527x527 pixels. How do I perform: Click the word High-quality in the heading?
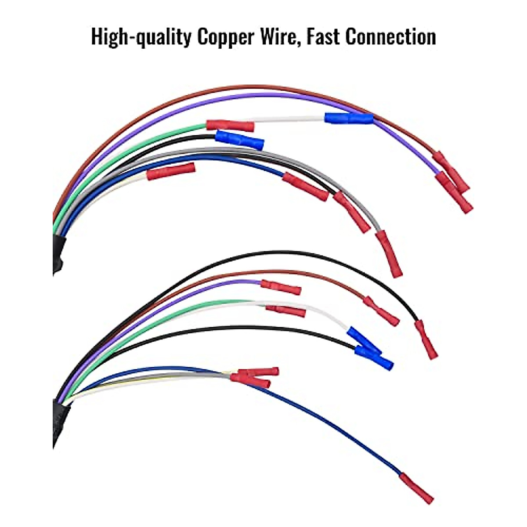click(141, 37)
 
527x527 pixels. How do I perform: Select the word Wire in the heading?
click(280, 37)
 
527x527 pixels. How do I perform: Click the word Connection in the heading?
click(390, 36)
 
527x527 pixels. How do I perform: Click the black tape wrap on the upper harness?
click(58, 254)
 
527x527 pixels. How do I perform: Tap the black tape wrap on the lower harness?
click(61, 422)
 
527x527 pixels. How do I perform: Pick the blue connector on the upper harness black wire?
click(240, 140)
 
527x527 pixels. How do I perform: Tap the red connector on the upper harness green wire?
click(230, 126)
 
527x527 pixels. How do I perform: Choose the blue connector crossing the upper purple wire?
click(349, 118)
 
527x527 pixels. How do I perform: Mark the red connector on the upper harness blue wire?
click(306, 187)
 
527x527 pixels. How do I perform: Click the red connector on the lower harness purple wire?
click(281, 287)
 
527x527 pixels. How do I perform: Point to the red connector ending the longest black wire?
click(426, 339)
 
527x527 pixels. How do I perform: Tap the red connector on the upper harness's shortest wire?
click(171, 171)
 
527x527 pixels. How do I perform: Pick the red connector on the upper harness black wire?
click(352, 212)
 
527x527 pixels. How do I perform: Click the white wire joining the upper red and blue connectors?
click(289, 119)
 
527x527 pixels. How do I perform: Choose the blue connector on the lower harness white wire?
click(364, 340)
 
